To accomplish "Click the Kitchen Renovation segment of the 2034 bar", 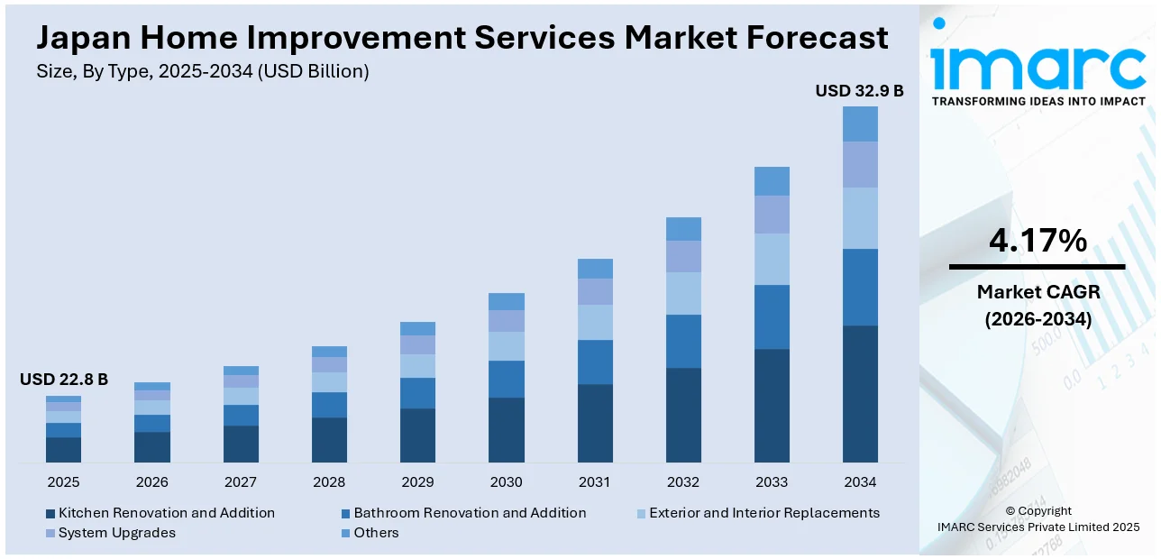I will (860, 394).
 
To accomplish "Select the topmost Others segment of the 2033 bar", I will (772, 181).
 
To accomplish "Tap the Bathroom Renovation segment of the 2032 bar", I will (683, 341).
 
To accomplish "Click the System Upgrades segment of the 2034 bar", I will (860, 164).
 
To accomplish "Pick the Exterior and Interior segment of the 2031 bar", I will (595, 322).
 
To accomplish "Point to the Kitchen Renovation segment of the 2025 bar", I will (63, 450).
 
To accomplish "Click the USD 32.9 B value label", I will (859, 91).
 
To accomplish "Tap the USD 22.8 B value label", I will (64, 380).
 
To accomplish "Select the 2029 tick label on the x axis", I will (417, 482).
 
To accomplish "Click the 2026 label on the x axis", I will (152, 482).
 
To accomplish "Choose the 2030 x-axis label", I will (506, 482).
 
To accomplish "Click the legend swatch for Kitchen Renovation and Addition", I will (50, 513).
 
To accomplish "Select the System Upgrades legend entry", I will (117, 533).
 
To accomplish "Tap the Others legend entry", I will (376, 533).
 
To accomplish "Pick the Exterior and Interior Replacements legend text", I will (764, 513).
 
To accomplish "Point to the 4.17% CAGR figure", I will (1038, 241).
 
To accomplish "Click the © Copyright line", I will (1038, 510).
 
